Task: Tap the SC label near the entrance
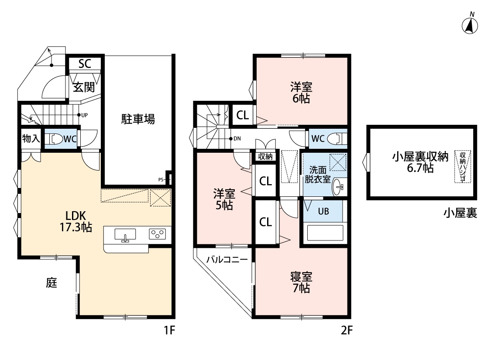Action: coord(85,64)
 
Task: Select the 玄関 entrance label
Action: coord(84,87)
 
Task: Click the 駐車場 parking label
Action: coord(138,119)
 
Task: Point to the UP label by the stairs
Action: coord(84,115)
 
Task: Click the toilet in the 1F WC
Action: coord(55,139)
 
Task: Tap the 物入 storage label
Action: coord(31,138)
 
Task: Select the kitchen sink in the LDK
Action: coord(125,235)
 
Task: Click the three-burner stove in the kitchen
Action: coord(158,234)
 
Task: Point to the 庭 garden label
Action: coord(52,283)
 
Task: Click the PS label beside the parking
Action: coord(161,180)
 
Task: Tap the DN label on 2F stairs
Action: coord(237,138)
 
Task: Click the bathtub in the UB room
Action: coord(325,233)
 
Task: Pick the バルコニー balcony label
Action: coord(227,260)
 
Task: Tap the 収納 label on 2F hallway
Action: coord(265,157)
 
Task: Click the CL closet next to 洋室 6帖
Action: coord(243,115)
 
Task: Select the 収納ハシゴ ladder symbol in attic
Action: coord(463,166)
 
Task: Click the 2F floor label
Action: coord(347,330)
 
